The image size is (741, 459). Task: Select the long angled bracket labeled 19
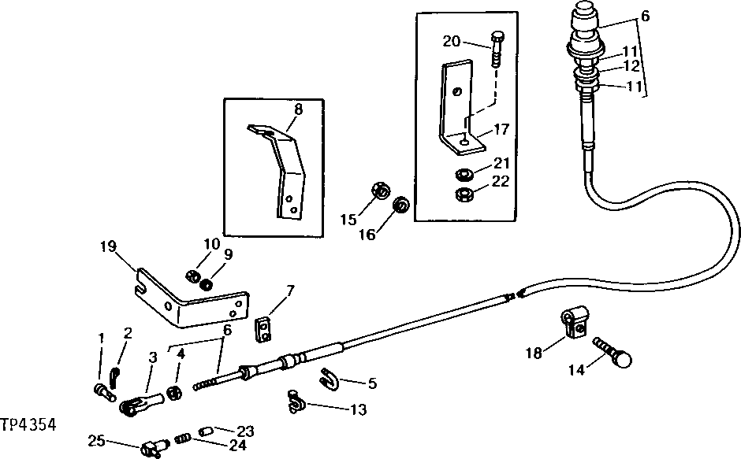190,303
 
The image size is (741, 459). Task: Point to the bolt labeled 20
497,50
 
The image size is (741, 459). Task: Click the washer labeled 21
465,172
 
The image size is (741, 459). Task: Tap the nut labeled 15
376,191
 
